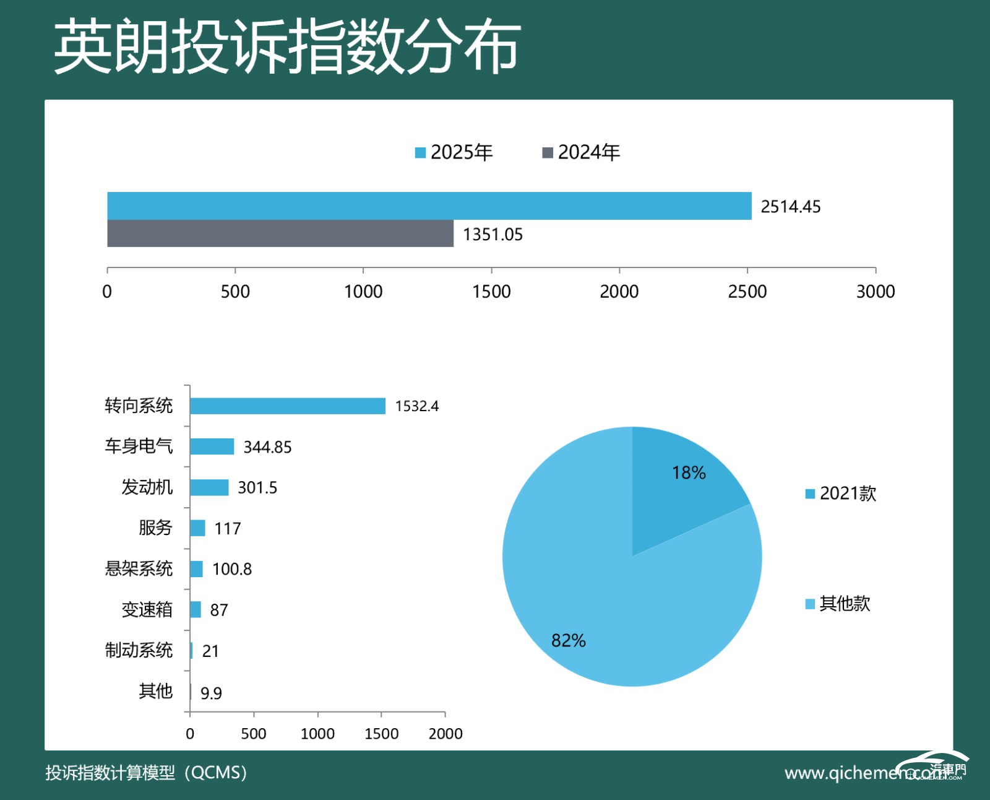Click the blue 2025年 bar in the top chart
(x=429, y=206)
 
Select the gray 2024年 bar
(x=280, y=233)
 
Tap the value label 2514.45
(x=790, y=207)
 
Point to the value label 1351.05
(x=493, y=235)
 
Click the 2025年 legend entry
(x=455, y=152)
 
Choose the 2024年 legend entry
(x=582, y=152)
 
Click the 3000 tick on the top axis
(x=875, y=292)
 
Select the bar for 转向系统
(x=288, y=406)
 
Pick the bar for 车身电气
(x=212, y=446)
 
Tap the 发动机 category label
(x=147, y=487)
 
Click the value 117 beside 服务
(x=227, y=529)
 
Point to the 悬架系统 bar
(x=197, y=569)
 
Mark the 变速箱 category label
(x=147, y=610)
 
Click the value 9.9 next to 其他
(x=211, y=693)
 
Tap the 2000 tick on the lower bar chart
(x=445, y=734)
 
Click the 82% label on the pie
(x=568, y=640)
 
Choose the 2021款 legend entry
(x=841, y=493)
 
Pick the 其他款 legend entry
(x=838, y=604)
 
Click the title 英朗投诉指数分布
(x=287, y=46)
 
